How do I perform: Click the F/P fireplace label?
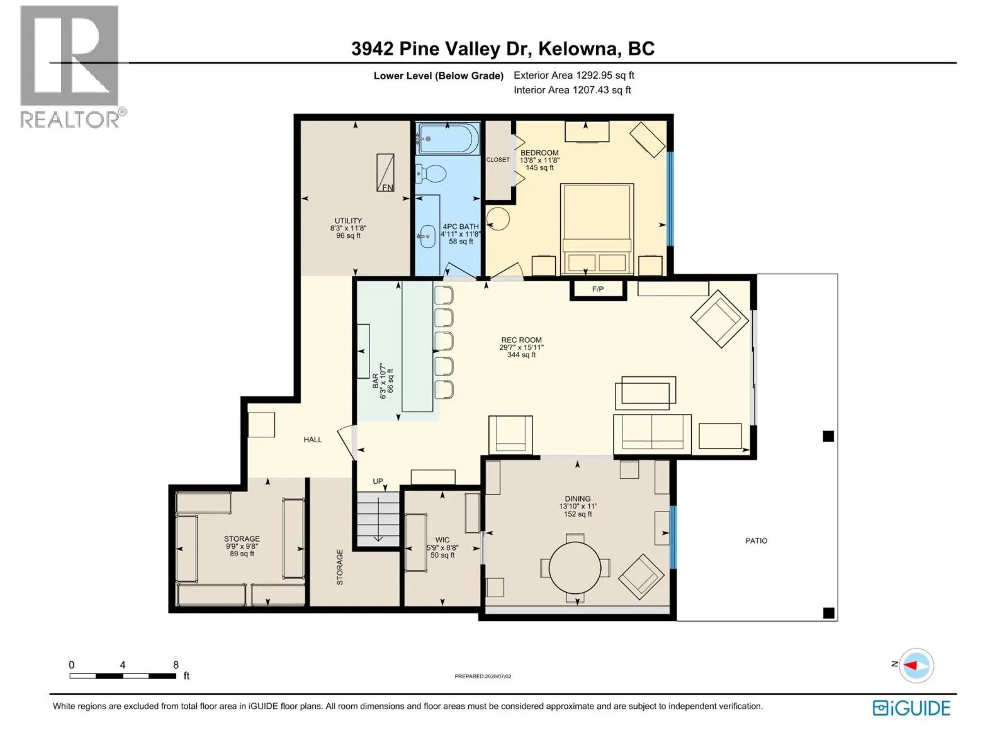pos(597,289)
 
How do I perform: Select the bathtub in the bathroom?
pos(447,138)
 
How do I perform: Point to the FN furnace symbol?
pos(385,172)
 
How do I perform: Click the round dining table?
pos(575,567)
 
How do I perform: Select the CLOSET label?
pos(498,160)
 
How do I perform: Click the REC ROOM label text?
pos(521,340)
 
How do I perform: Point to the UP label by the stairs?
pos(378,481)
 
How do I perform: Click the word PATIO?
pos(756,541)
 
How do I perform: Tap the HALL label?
pos(312,440)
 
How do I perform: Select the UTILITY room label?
pos(348,220)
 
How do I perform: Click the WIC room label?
pos(442,540)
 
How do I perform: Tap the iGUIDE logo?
pos(911,708)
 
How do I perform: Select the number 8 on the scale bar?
pos(176,664)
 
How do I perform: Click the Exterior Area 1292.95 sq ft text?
pos(574,75)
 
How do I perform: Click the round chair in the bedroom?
pos(498,218)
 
